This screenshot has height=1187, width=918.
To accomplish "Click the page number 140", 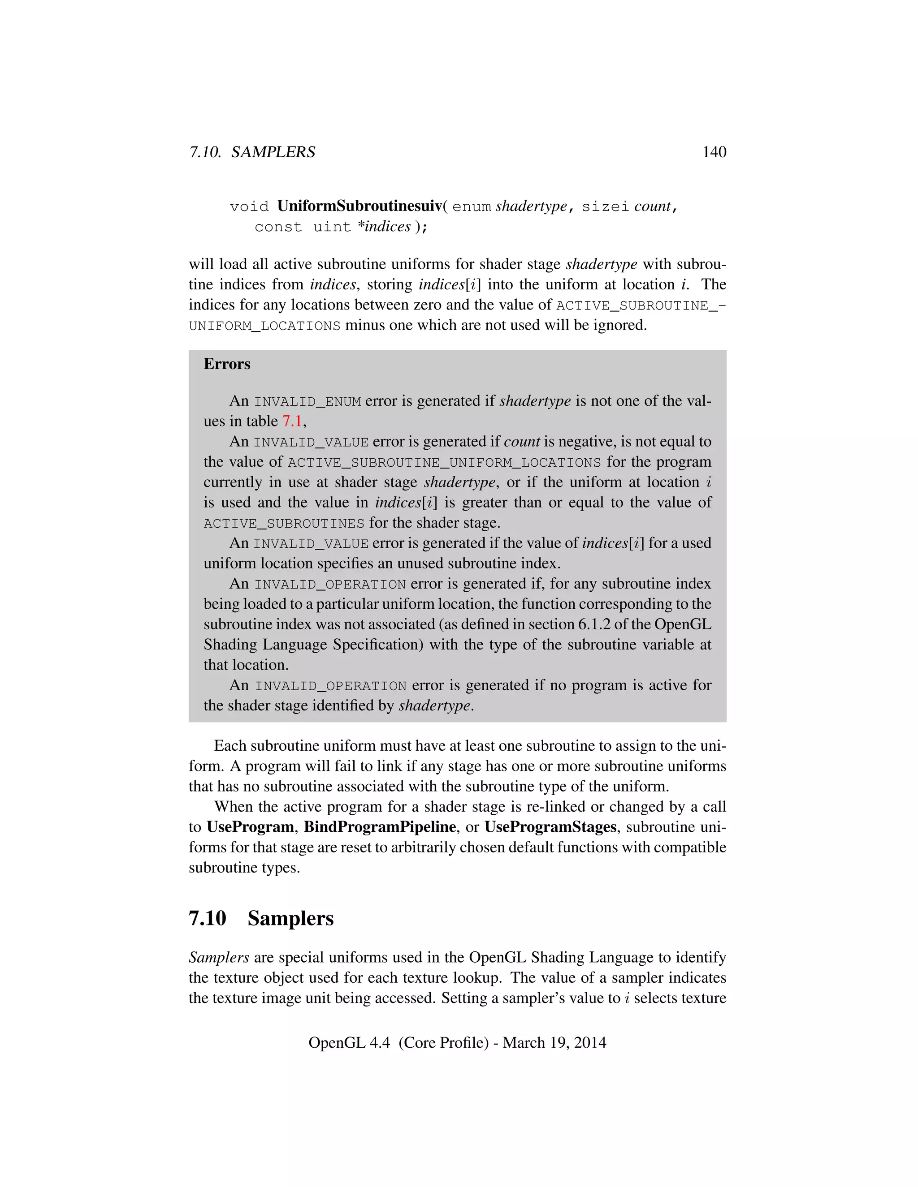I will pos(714,152).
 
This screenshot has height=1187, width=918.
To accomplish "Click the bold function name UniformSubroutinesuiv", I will pos(359,206).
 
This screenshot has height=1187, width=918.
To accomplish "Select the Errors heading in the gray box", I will pos(227,364).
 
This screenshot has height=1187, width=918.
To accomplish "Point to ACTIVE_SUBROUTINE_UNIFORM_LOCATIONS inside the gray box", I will pos(444,463).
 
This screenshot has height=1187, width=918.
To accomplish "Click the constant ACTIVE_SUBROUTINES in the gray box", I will pos(284,523).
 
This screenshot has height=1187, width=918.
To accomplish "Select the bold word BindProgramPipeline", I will pos(380,827).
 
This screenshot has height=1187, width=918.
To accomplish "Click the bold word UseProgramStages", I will pos(550,827).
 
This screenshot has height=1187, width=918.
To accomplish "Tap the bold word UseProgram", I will pos(250,827).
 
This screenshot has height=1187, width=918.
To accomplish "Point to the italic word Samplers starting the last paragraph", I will pos(219,957).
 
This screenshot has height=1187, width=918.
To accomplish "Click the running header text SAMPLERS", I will pos(273,152).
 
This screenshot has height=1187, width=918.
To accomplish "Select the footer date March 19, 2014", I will pos(554,1042).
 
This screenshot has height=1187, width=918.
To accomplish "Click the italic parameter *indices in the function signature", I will pos(384,226).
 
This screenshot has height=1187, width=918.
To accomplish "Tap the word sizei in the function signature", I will pos(605,206).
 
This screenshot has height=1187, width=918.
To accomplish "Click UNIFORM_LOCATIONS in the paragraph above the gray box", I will pos(264,326).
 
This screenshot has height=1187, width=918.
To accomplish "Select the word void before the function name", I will pos(249,206).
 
